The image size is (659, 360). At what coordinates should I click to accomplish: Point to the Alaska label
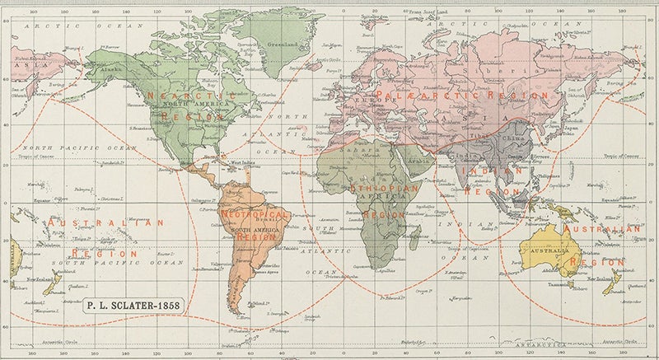click(x=109, y=71)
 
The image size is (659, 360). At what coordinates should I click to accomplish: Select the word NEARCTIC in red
click(x=175, y=96)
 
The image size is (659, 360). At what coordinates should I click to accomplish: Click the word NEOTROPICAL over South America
click(x=255, y=214)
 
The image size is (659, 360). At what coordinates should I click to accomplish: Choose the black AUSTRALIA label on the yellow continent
click(x=554, y=250)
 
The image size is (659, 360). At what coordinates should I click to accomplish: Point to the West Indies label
click(x=242, y=165)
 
